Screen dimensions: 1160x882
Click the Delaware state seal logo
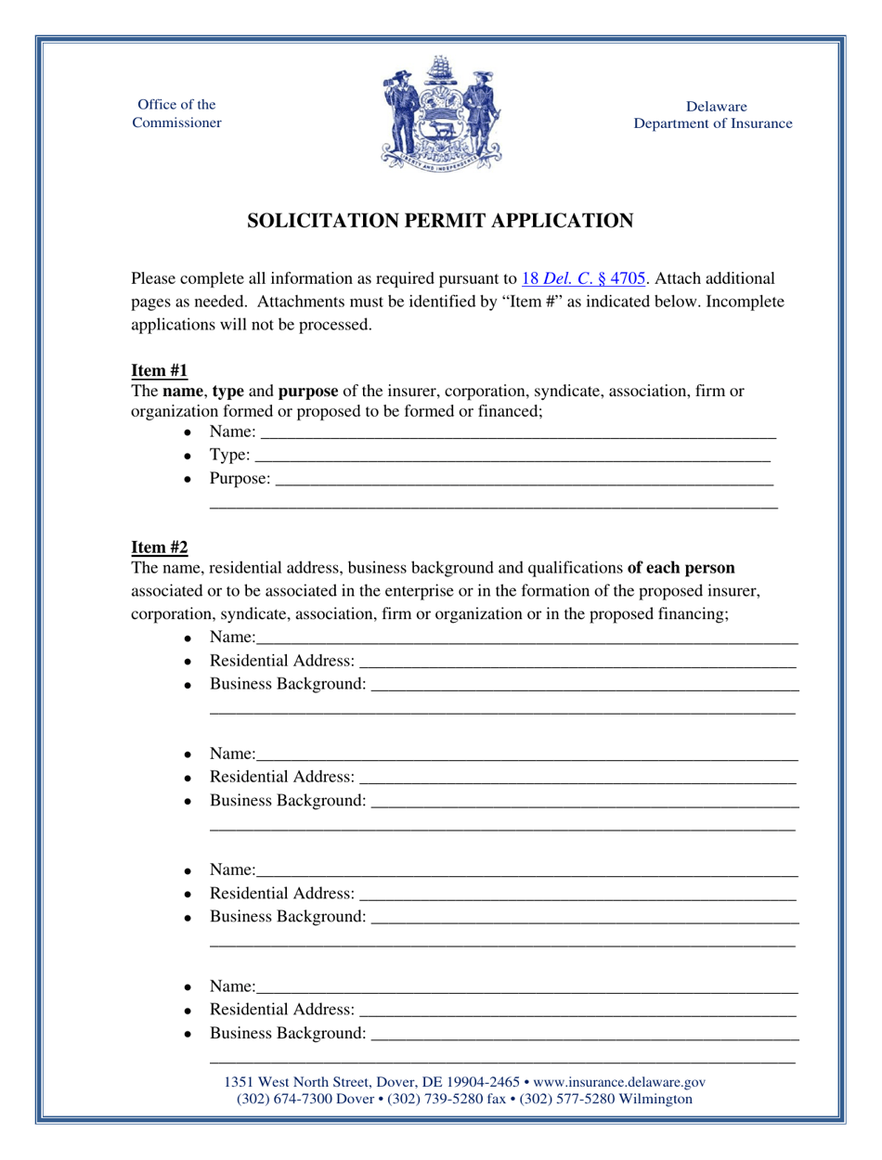click(x=440, y=112)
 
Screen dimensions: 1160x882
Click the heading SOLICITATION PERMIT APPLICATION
click(x=440, y=221)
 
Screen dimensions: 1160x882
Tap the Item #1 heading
click(x=160, y=371)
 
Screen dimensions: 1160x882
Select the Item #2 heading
click(x=160, y=548)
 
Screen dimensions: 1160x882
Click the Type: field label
click(x=229, y=455)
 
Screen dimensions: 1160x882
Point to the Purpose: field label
click(x=240, y=479)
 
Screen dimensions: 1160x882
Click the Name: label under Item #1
click(x=232, y=432)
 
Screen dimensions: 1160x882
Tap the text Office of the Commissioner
click(x=176, y=113)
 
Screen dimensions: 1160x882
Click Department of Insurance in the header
click(x=712, y=123)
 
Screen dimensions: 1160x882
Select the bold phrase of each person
click(x=681, y=568)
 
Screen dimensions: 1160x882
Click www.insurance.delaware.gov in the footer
click(x=620, y=1082)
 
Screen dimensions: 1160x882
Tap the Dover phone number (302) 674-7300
click(x=286, y=1099)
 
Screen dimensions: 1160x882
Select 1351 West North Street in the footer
click(x=298, y=1082)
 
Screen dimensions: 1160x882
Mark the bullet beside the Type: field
click(x=188, y=457)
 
